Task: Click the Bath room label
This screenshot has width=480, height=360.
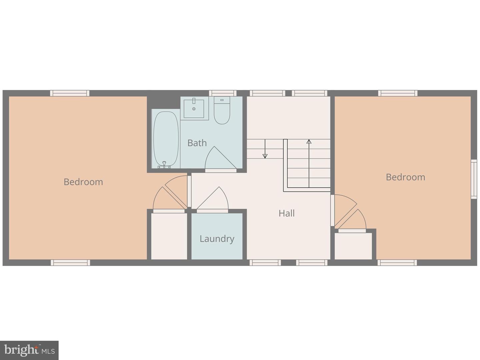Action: (197, 143)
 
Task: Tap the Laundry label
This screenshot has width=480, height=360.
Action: (217, 239)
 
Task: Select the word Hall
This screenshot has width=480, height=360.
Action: (286, 213)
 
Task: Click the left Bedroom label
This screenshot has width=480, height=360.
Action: (83, 182)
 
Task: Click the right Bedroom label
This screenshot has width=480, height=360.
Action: (405, 177)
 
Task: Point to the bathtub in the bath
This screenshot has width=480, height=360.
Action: (166, 139)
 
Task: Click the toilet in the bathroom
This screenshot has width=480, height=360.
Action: (222, 111)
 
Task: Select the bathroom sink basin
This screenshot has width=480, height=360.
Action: (194, 109)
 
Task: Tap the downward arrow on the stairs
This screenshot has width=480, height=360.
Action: (265, 149)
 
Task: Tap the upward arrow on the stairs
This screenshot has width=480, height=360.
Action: (309, 163)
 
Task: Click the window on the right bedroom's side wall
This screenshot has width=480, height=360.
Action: (474, 179)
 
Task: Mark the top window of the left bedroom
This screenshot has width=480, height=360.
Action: (70, 93)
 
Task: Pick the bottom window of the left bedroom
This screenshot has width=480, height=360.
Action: (70, 263)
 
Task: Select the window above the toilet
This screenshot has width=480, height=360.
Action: (223, 93)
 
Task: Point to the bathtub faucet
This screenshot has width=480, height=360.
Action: (164, 165)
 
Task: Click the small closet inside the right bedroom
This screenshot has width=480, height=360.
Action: (353, 246)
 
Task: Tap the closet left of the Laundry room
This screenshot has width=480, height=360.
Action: (169, 237)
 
